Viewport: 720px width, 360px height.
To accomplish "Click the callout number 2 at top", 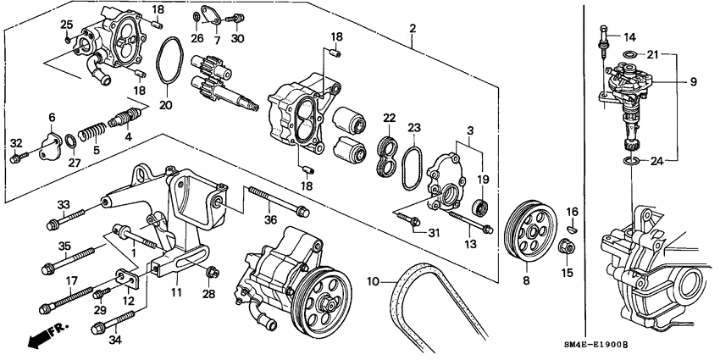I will [412, 29].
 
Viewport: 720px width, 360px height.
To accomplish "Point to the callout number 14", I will [628, 37].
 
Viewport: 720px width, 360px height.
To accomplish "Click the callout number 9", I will [692, 81].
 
